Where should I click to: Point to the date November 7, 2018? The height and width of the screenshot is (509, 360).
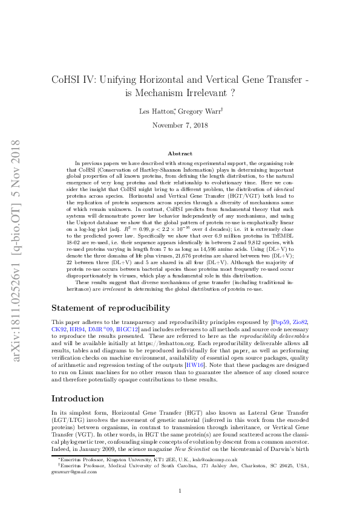(180, 125)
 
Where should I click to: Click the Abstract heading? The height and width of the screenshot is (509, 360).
(180, 154)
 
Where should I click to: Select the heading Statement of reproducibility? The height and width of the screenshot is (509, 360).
(111, 308)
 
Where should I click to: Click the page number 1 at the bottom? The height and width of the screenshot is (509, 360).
(180, 490)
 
